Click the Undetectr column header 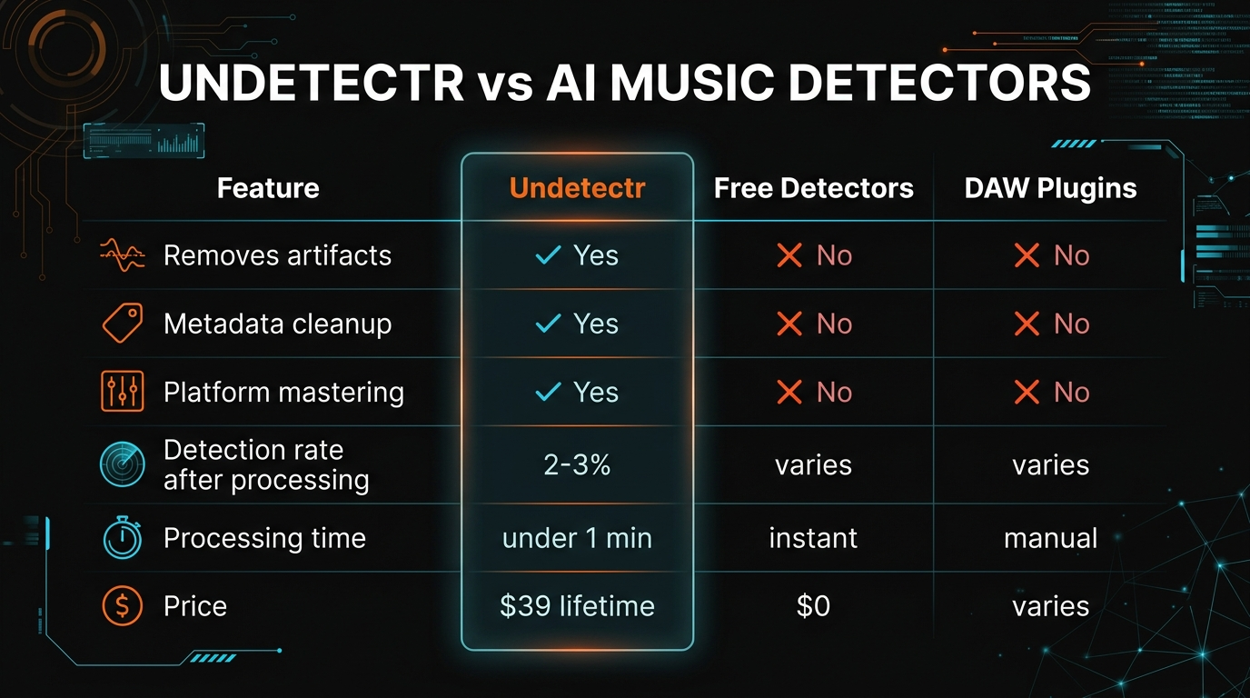[577, 188]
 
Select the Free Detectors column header [813, 188]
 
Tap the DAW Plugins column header [1051, 188]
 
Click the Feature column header [268, 188]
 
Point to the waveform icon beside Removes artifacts [121, 255]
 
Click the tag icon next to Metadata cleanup [121, 324]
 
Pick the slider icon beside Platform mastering [121, 392]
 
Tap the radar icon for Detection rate [121, 464]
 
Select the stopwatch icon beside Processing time [121, 538]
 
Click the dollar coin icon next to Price [121, 606]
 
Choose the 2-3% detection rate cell [577, 464]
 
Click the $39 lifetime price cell [577, 606]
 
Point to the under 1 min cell [577, 538]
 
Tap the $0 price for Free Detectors [813, 606]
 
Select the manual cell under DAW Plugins [1051, 538]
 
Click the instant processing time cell [813, 538]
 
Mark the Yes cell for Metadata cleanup [577, 324]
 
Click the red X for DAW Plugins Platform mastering [1027, 392]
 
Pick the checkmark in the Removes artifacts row [548, 255]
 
